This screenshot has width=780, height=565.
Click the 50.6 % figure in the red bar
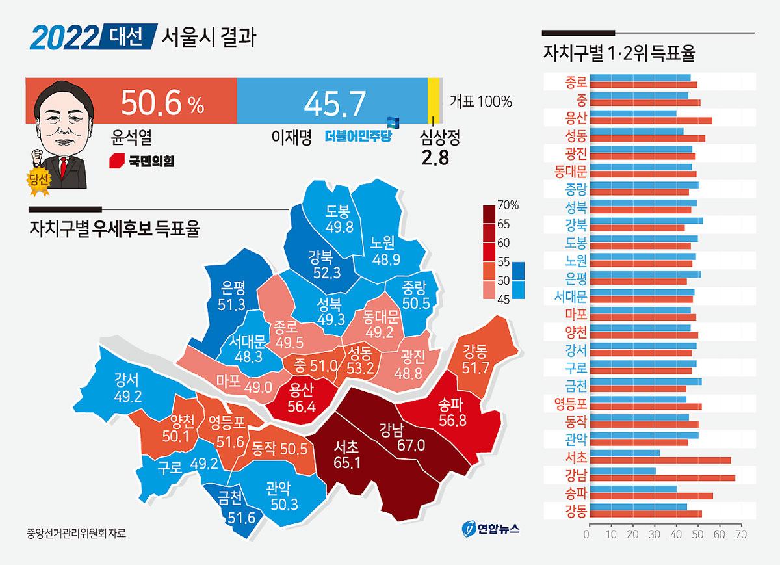coord(162,103)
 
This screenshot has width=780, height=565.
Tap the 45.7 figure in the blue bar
coord(335,103)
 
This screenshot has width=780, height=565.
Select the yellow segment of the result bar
coord(433,100)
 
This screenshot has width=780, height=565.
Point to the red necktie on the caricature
coord(64,168)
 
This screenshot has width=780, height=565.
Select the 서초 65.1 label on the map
coord(347,454)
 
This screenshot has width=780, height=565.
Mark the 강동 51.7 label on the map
coord(475,359)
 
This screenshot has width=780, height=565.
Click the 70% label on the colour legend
coord(508,205)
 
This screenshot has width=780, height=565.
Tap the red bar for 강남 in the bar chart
coord(662,479)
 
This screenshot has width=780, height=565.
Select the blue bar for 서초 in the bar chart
coord(625,453)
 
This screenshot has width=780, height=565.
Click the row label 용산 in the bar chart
coord(576,118)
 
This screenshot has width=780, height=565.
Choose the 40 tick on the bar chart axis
coord(675,534)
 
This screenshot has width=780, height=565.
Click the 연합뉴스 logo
coord(491,529)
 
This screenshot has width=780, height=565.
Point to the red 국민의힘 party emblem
coord(117,161)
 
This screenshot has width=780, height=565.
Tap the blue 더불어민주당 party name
coord(358,136)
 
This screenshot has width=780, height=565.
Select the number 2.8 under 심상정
coord(435,158)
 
